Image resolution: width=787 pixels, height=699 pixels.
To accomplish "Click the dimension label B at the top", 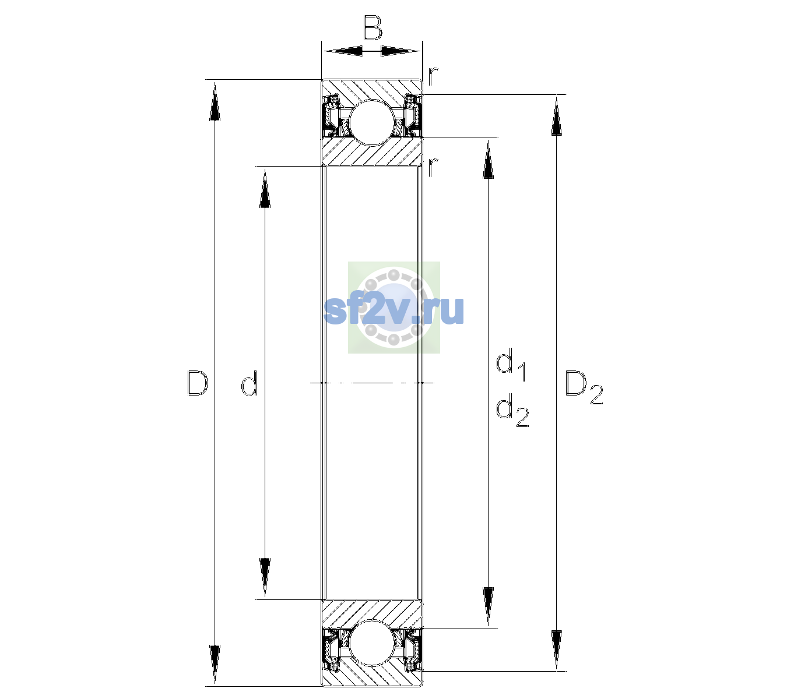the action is pos(372,27).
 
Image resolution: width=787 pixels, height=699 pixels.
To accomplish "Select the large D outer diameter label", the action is pos(197,383).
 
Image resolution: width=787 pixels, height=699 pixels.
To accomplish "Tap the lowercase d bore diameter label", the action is pos(249,383).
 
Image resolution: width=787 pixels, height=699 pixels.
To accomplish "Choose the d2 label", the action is pos(512,410).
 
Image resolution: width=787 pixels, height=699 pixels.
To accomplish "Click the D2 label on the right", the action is pos(584,388).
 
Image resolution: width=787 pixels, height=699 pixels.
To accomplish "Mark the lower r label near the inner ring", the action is pos(433,167).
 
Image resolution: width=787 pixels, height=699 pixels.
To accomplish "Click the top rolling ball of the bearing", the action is pos(372,123).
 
